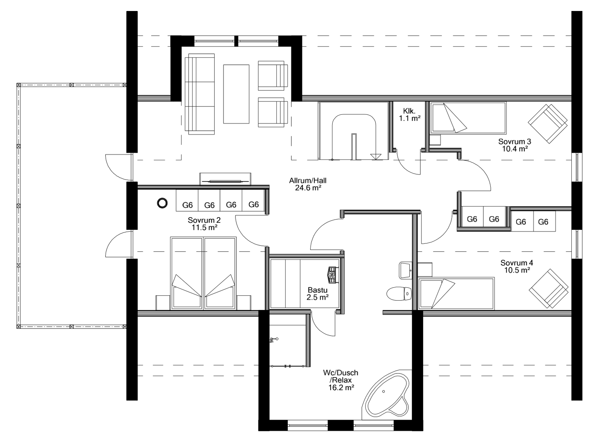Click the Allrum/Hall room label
[307, 181]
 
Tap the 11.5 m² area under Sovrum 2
[204, 227]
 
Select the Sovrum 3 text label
[515, 142]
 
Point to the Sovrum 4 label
[517, 263]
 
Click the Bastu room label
[317, 290]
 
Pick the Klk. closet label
[409, 111]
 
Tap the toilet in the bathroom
[399, 294]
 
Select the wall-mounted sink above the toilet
[405, 270]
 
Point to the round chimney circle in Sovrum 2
[162, 203]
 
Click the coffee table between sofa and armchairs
[236, 94]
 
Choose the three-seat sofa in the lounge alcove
[200, 94]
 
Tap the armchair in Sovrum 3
[547, 124]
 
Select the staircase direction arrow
[376, 156]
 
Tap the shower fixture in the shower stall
[274, 340]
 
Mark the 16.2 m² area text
[340, 387]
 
